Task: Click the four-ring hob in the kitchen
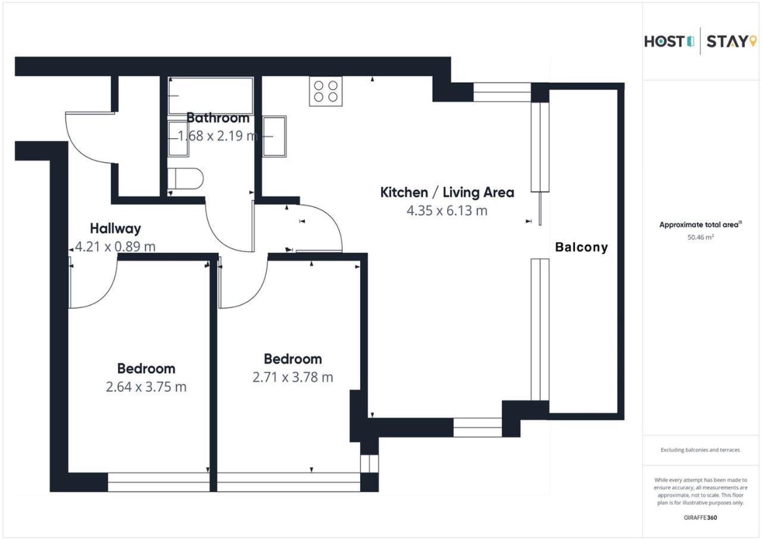pos(326,91)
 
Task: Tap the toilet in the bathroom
pos(185,178)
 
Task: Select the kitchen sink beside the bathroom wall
pos(274,136)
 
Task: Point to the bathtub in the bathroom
pos(211,96)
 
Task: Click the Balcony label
pos(582,247)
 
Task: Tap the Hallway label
pos(115,228)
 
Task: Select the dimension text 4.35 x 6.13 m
pos(447,210)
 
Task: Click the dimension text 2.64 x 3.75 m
pos(146,387)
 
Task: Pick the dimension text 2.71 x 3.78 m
pos(292,377)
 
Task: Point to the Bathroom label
pos(218,118)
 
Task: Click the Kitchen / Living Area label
pos(447,193)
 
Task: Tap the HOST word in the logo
pos(664,42)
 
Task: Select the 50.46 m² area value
pos(701,237)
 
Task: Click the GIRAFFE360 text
pos(701,517)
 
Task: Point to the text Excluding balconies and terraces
pos(701,450)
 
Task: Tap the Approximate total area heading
pos(701,225)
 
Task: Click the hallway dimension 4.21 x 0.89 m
pos(115,247)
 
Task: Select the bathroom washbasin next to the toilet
pos(178,138)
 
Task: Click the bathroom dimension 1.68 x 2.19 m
pos(218,136)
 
